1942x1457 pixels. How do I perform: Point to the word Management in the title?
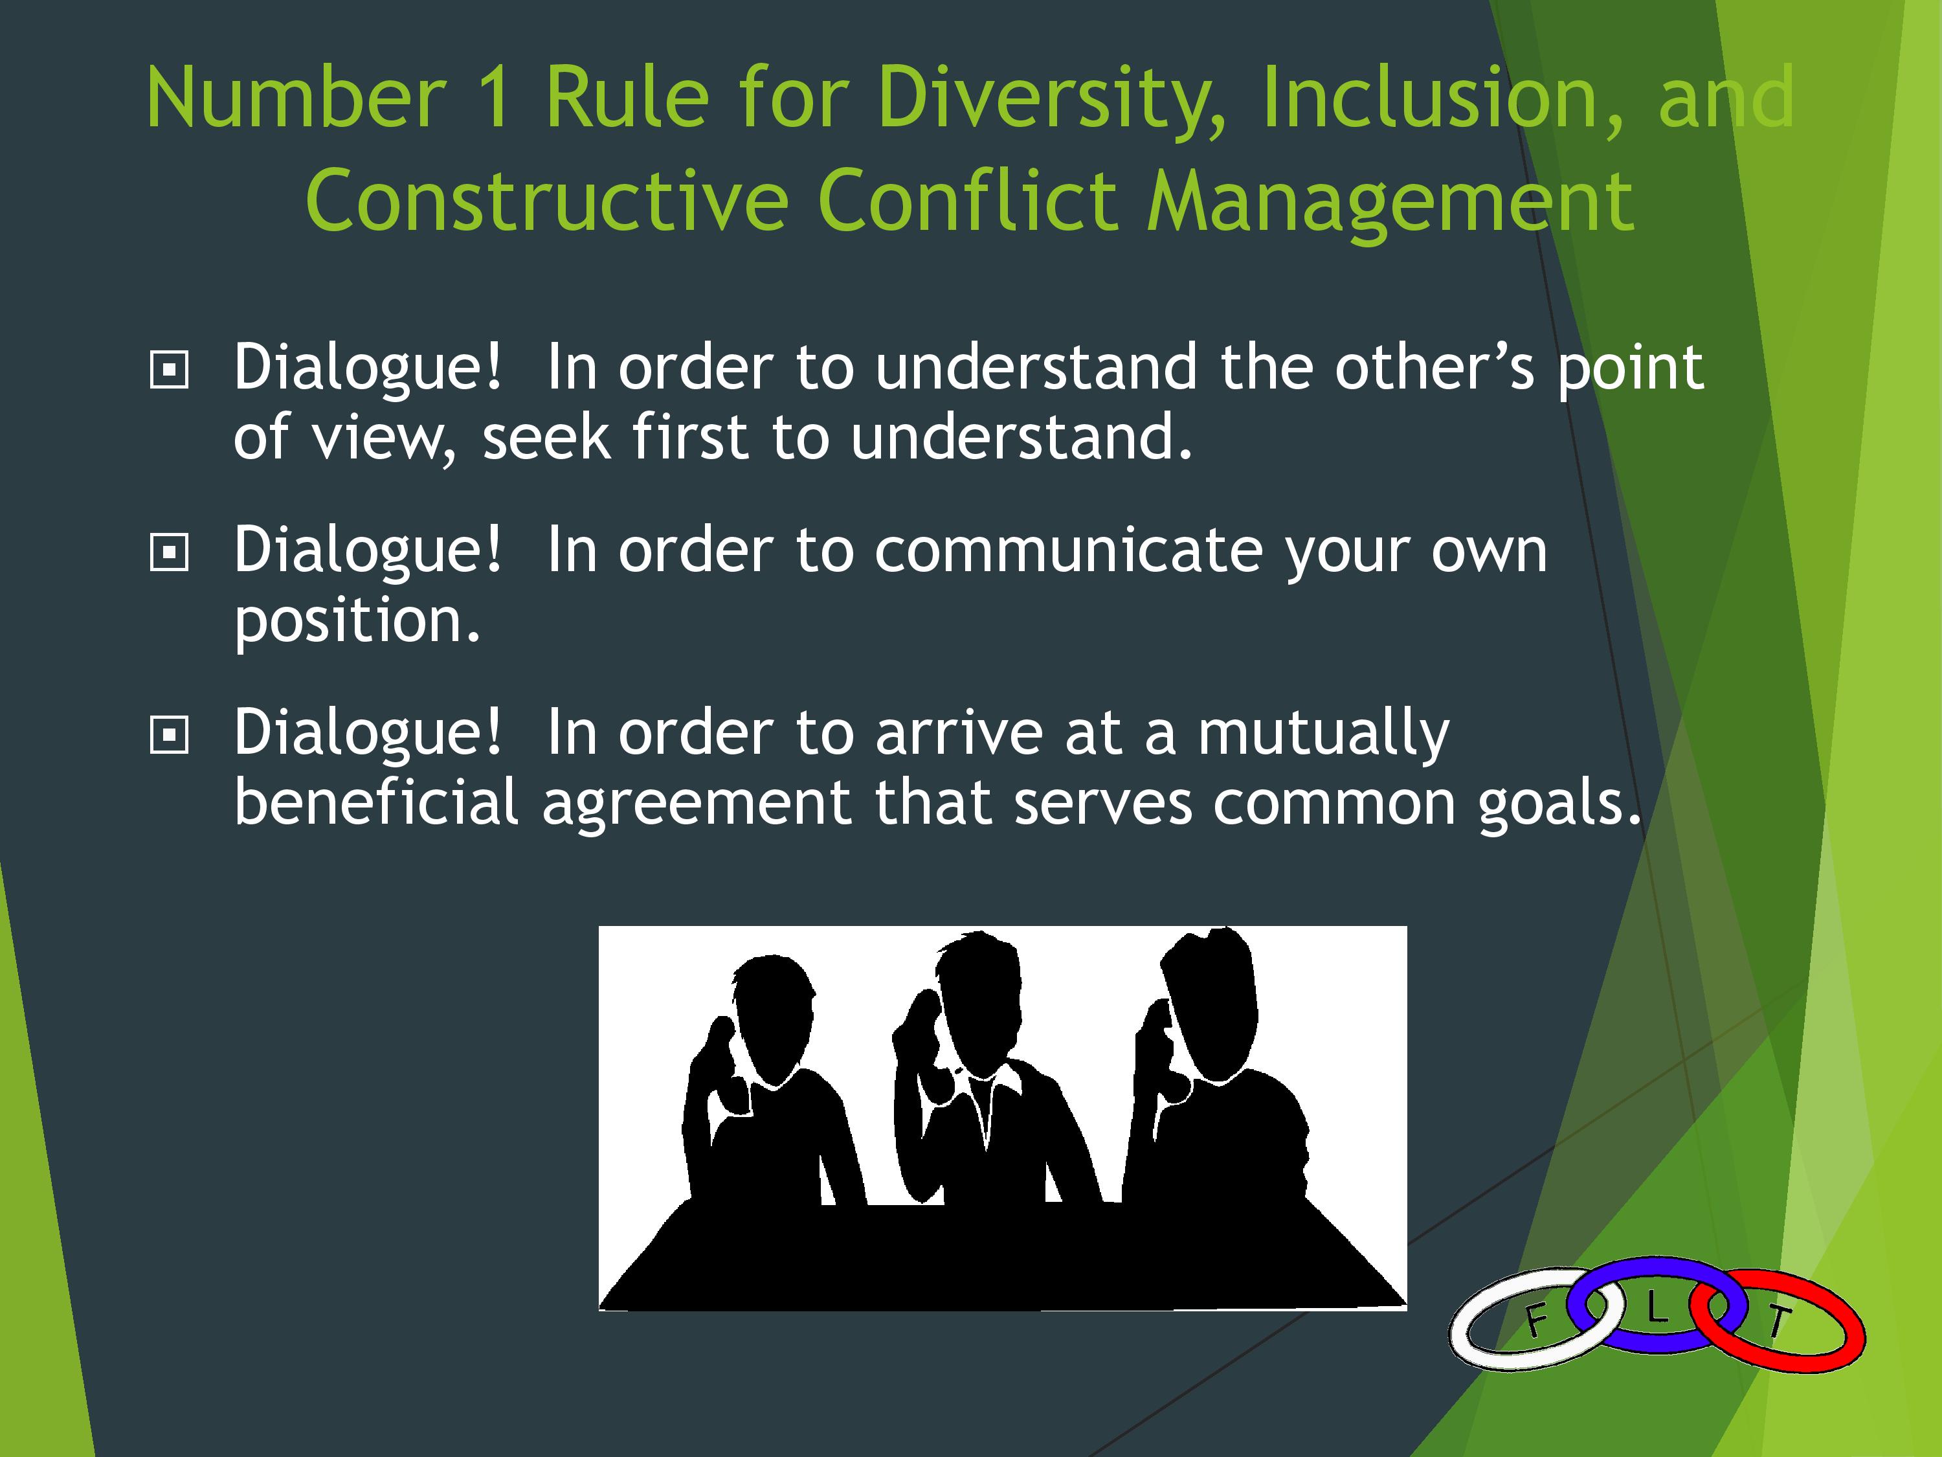click(x=1392, y=203)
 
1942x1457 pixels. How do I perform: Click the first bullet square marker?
click(x=170, y=370)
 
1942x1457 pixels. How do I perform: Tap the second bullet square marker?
click(x=170, y=553)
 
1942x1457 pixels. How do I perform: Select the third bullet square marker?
click(x=170, y=736)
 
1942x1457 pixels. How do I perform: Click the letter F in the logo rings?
click(x=1535, y=1320)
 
